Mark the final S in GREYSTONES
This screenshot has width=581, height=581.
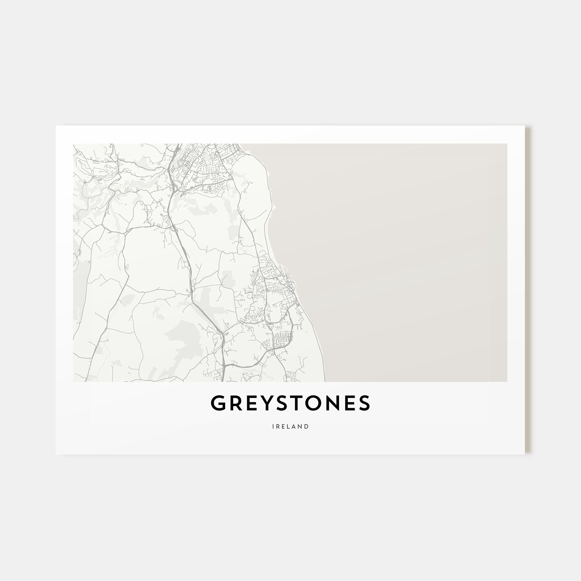coord(365,403)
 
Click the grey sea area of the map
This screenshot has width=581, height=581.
coord(406,256)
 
